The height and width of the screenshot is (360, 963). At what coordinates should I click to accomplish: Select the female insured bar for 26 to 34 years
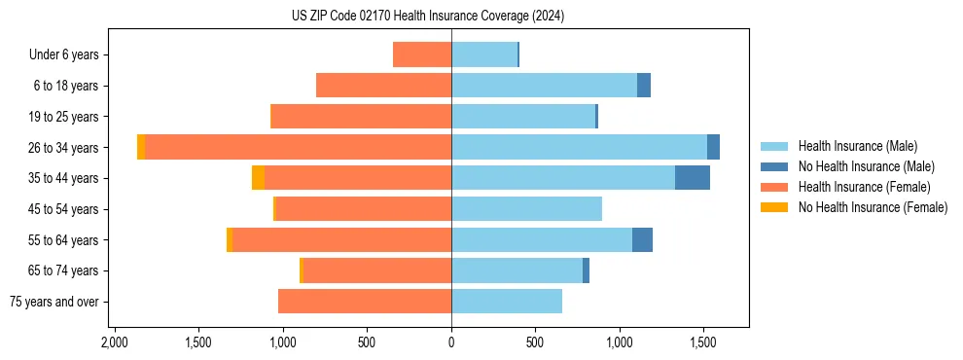tap(298, 147)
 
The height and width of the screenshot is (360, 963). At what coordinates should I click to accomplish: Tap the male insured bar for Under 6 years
tap(483, 54)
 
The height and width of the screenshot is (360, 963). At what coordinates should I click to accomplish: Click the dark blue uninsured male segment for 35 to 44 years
tap(692, 178)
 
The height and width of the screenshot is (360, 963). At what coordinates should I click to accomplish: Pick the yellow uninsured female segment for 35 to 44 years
tap(258, 178)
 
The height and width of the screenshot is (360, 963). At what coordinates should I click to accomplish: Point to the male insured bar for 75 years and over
tap(506, 302)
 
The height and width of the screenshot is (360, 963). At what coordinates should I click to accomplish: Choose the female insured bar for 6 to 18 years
tap(383, 86)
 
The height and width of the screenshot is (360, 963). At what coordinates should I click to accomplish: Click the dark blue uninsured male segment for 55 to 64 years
tap(642, 239)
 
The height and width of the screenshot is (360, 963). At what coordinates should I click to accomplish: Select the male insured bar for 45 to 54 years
tap(526, 209)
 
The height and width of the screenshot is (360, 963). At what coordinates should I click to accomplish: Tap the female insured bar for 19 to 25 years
tap(361, 117)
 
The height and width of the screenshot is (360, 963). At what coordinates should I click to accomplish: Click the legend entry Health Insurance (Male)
tap(857, 146)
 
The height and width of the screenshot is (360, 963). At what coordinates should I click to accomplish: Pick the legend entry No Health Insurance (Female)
tap(873, 207)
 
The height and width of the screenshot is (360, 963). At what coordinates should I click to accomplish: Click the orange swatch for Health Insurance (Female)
tap(774, 187)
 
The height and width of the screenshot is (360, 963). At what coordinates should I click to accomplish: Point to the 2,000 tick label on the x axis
tap(115, 343)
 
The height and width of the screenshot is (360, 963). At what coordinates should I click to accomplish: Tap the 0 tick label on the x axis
tap(451, 343)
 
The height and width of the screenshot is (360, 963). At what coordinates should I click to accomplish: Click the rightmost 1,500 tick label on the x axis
tap(703, 343)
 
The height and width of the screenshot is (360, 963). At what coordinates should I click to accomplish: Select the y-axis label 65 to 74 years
tap(66, 270)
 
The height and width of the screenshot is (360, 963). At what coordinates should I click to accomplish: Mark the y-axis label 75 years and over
tap(53, 302)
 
